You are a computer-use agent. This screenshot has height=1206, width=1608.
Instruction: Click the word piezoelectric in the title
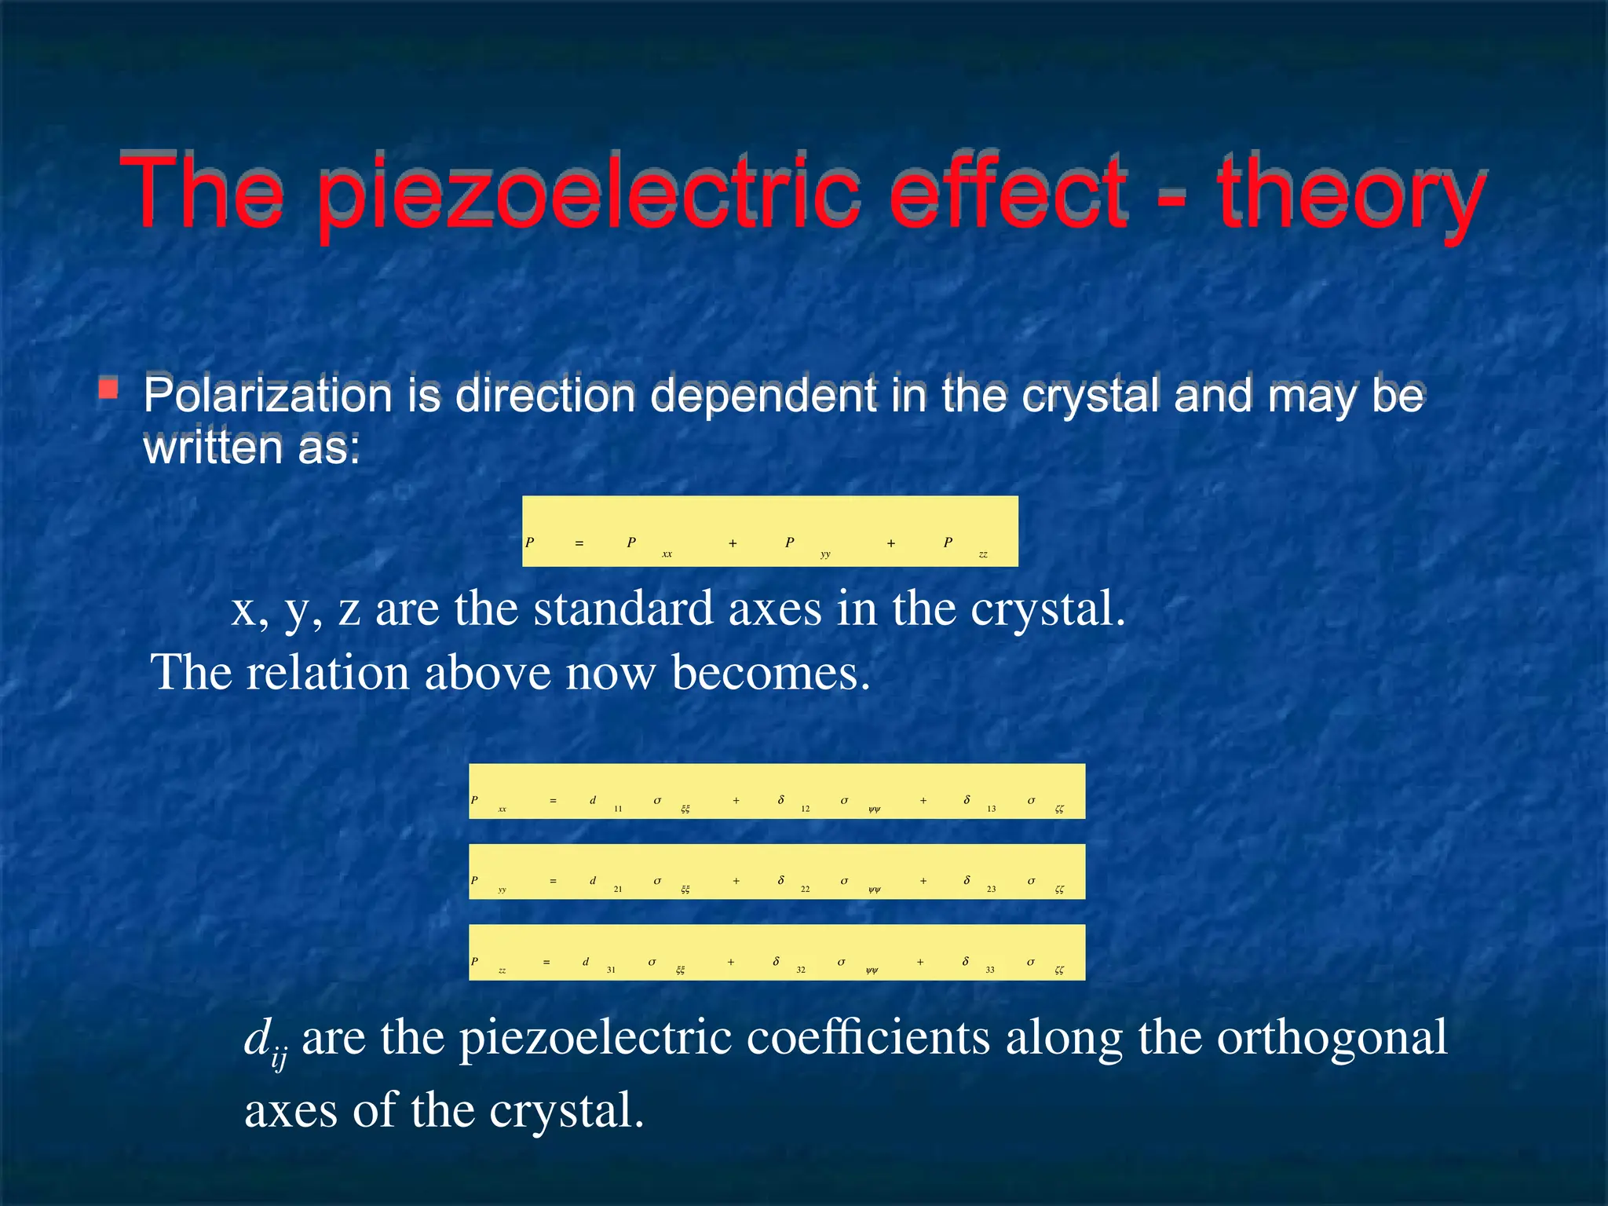589,193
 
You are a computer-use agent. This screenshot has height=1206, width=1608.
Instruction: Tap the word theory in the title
1350,193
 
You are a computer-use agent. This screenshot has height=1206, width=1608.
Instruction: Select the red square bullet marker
108,388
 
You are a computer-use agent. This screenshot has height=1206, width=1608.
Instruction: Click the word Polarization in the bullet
267,394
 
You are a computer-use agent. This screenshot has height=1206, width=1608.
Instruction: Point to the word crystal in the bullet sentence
1091,394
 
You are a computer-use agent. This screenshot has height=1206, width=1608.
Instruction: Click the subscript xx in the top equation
667,554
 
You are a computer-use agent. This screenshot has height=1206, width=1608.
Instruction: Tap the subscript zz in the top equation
983,554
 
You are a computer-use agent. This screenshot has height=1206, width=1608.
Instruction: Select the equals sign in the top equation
579,543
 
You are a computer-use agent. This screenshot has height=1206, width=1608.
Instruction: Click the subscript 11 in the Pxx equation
618,809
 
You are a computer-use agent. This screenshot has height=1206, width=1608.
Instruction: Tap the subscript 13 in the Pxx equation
992,809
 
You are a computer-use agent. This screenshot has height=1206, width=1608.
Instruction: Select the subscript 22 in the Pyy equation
805,889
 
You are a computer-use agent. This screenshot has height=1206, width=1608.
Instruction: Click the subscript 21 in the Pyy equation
618,889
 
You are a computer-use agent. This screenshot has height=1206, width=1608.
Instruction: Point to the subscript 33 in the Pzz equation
990,970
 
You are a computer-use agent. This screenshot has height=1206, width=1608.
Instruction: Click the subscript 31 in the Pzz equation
611,970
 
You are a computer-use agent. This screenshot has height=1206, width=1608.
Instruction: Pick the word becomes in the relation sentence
770,673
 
